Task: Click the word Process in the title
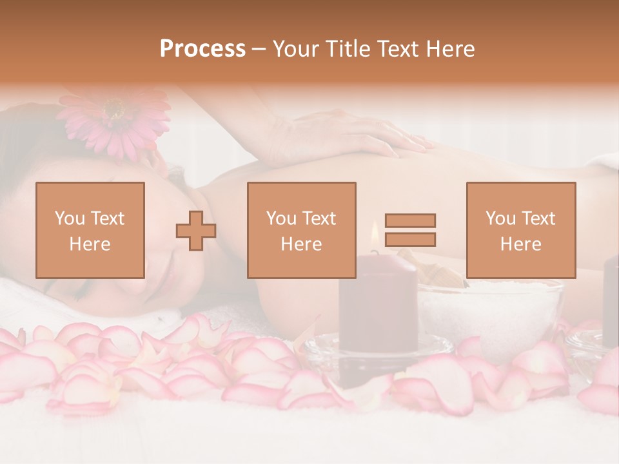point(202,49)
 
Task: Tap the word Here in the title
point(451,49)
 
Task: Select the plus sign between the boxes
point(196,230)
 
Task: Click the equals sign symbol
point(410,230)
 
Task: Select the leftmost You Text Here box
point(90,230)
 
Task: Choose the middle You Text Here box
point(301,230)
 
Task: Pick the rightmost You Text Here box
point(520,230)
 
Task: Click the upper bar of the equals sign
point(410,220)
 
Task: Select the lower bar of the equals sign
point(410,240)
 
